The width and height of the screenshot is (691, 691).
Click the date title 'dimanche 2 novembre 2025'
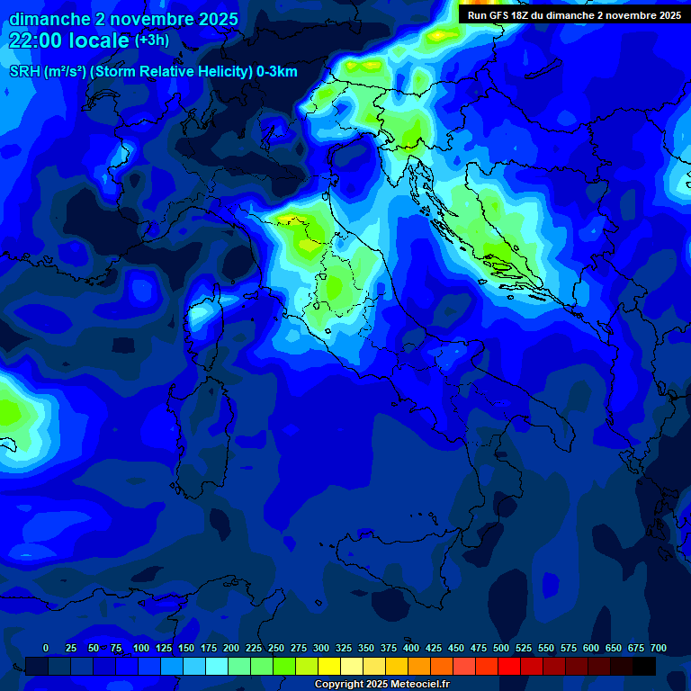coord(123,19)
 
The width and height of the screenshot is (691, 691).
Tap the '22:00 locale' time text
coord(70,40)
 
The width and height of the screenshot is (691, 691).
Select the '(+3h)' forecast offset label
coord(151,40)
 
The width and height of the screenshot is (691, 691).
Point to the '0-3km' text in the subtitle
coord(276,72)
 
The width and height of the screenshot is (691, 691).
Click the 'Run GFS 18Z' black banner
coord(574,14)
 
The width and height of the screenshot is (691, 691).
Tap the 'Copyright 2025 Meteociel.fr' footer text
coord(381,685)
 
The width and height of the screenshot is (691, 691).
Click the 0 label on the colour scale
coord(46,648)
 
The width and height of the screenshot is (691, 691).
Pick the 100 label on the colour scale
coord(141,648)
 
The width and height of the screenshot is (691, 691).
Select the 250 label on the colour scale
coord(276,648)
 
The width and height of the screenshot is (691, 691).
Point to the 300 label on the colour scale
coord(321,648)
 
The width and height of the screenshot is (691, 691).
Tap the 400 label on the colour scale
coord(411,648)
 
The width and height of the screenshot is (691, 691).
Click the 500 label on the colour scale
coord(501,648)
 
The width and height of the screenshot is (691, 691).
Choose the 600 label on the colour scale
coord(591,648)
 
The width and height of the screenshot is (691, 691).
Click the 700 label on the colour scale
coord(659,648)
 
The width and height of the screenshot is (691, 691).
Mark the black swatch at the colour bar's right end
coord(644,666)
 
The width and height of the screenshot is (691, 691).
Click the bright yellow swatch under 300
coord(329,666)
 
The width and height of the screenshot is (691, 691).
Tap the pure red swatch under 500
coord(509,666)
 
